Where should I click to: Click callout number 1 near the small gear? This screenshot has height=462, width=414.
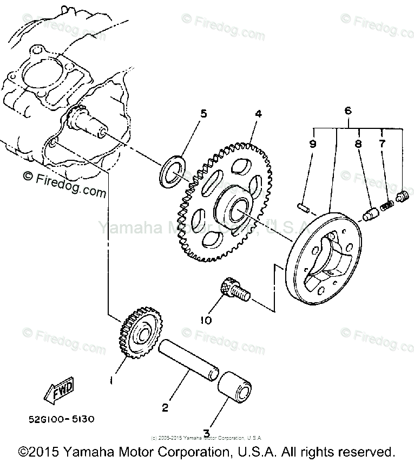[x=111, y=380]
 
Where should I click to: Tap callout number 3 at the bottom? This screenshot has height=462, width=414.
[x=206, y=433]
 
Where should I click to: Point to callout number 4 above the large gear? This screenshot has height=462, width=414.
[x=259, y=114]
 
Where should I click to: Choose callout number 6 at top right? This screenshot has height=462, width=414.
[x=348, y=110]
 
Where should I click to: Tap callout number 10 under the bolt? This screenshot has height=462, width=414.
[x=207, y=320]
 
